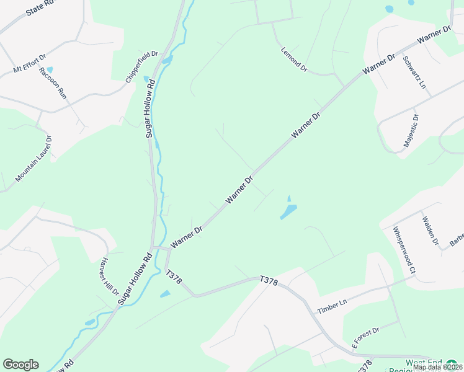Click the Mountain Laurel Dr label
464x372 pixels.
pos(33,159)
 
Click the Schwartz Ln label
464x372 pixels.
pos(415,71)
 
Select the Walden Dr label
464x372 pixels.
pos(430,230)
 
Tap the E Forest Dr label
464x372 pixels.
pos(365,340)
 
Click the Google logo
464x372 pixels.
pos(20,365)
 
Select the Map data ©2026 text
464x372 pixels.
pos(437,367)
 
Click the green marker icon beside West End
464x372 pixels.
pos(452,363)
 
